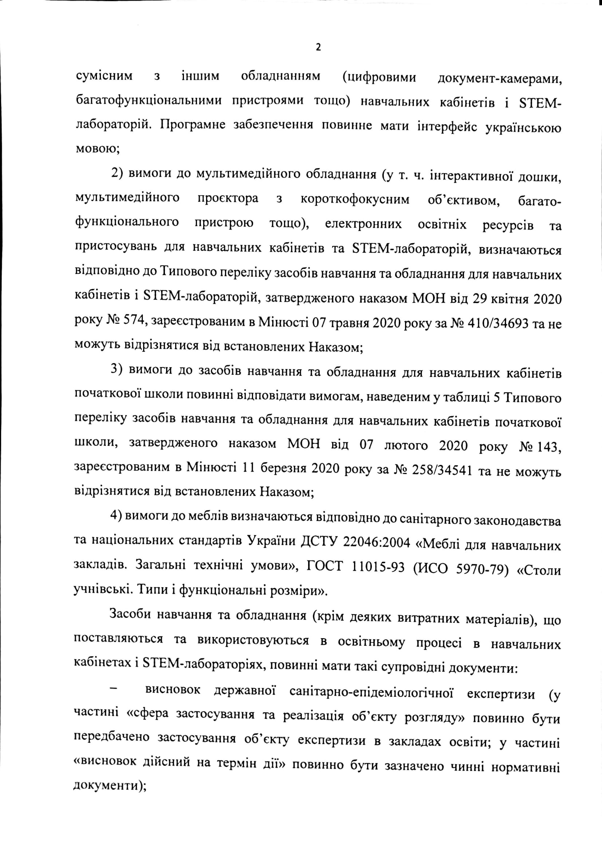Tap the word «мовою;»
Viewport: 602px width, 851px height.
[x=97, y=150]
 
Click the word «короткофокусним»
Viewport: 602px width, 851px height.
[x=355, y=200]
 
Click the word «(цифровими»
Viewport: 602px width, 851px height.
[x=379, y=78]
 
